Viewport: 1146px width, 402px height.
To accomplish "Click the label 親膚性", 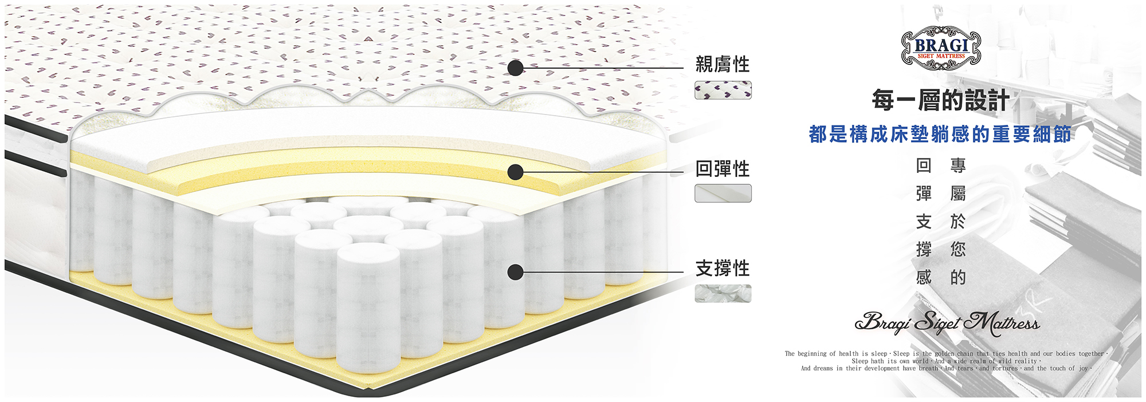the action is click(x=722, y=64).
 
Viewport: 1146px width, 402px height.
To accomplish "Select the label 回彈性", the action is click(x=722, y=169).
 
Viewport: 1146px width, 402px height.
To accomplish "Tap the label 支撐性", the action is click(x=722, y=268).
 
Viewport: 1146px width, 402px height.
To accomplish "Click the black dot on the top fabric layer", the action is click(x=516, y=68).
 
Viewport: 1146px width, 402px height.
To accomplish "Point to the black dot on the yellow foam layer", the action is click(x=516, y=172).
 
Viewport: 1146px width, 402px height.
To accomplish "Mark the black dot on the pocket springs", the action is click(x=516, y=272).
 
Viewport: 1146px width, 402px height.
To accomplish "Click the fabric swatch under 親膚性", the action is click(x=723, y=90).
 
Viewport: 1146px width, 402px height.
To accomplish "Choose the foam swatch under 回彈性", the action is click(x=723, y=194).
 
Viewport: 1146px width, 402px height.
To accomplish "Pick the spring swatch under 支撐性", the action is click(x=723, y=294).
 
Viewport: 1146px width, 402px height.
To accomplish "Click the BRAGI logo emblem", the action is click(x=941, y=48).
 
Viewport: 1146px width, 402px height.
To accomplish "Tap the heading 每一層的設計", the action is click(x=940, y=100).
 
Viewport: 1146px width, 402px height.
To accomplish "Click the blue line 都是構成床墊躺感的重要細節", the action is click(x=940, y=135).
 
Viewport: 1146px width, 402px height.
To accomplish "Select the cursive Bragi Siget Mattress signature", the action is click(x=947, y=322).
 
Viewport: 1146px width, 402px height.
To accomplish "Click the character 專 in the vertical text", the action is click(x=958, y=165).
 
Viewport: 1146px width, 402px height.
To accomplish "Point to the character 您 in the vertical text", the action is click(x=958, y=250).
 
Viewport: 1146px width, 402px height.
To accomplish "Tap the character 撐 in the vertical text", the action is click(x=924, y=250).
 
